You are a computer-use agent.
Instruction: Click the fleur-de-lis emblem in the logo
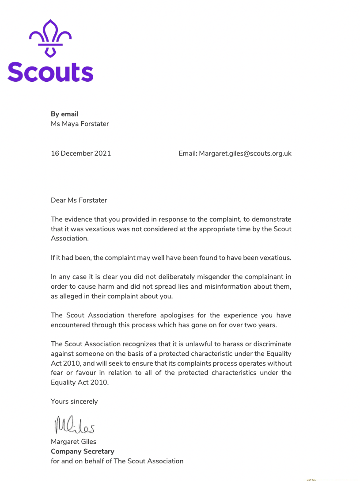(x=50, y=38)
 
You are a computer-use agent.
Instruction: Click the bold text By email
(x=64, y=114)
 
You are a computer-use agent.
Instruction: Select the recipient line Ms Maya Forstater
(x=80, y=124)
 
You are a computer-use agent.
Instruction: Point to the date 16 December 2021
(x=81, y=153)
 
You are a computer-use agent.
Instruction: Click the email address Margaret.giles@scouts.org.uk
(x=245, y=153)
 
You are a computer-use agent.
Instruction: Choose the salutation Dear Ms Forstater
(x=79, y=200)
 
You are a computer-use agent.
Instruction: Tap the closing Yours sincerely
(x=74, y=401)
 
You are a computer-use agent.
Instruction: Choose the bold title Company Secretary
(x=83, y=451)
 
